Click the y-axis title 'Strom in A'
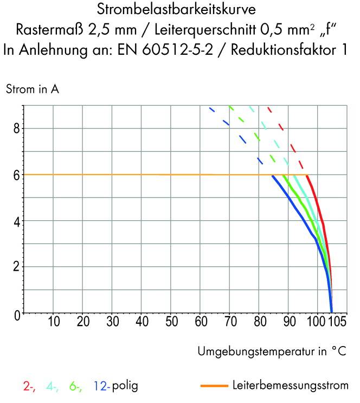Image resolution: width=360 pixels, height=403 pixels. tap(32, 90)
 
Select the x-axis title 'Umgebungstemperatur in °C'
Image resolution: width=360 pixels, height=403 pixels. tap(272, 351)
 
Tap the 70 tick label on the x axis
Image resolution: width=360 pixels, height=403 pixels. tap(229, 322)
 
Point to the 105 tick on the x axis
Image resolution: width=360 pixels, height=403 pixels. tap(337, 322)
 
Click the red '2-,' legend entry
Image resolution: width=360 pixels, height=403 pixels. tap(29, 387)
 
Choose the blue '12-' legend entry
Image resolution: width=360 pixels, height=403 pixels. tap(101, 387)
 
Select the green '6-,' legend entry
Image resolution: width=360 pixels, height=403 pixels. tap(76, 387)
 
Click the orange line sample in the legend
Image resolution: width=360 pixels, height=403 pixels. tap(214, 386)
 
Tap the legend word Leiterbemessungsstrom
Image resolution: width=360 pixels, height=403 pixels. tap(290, 386)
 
